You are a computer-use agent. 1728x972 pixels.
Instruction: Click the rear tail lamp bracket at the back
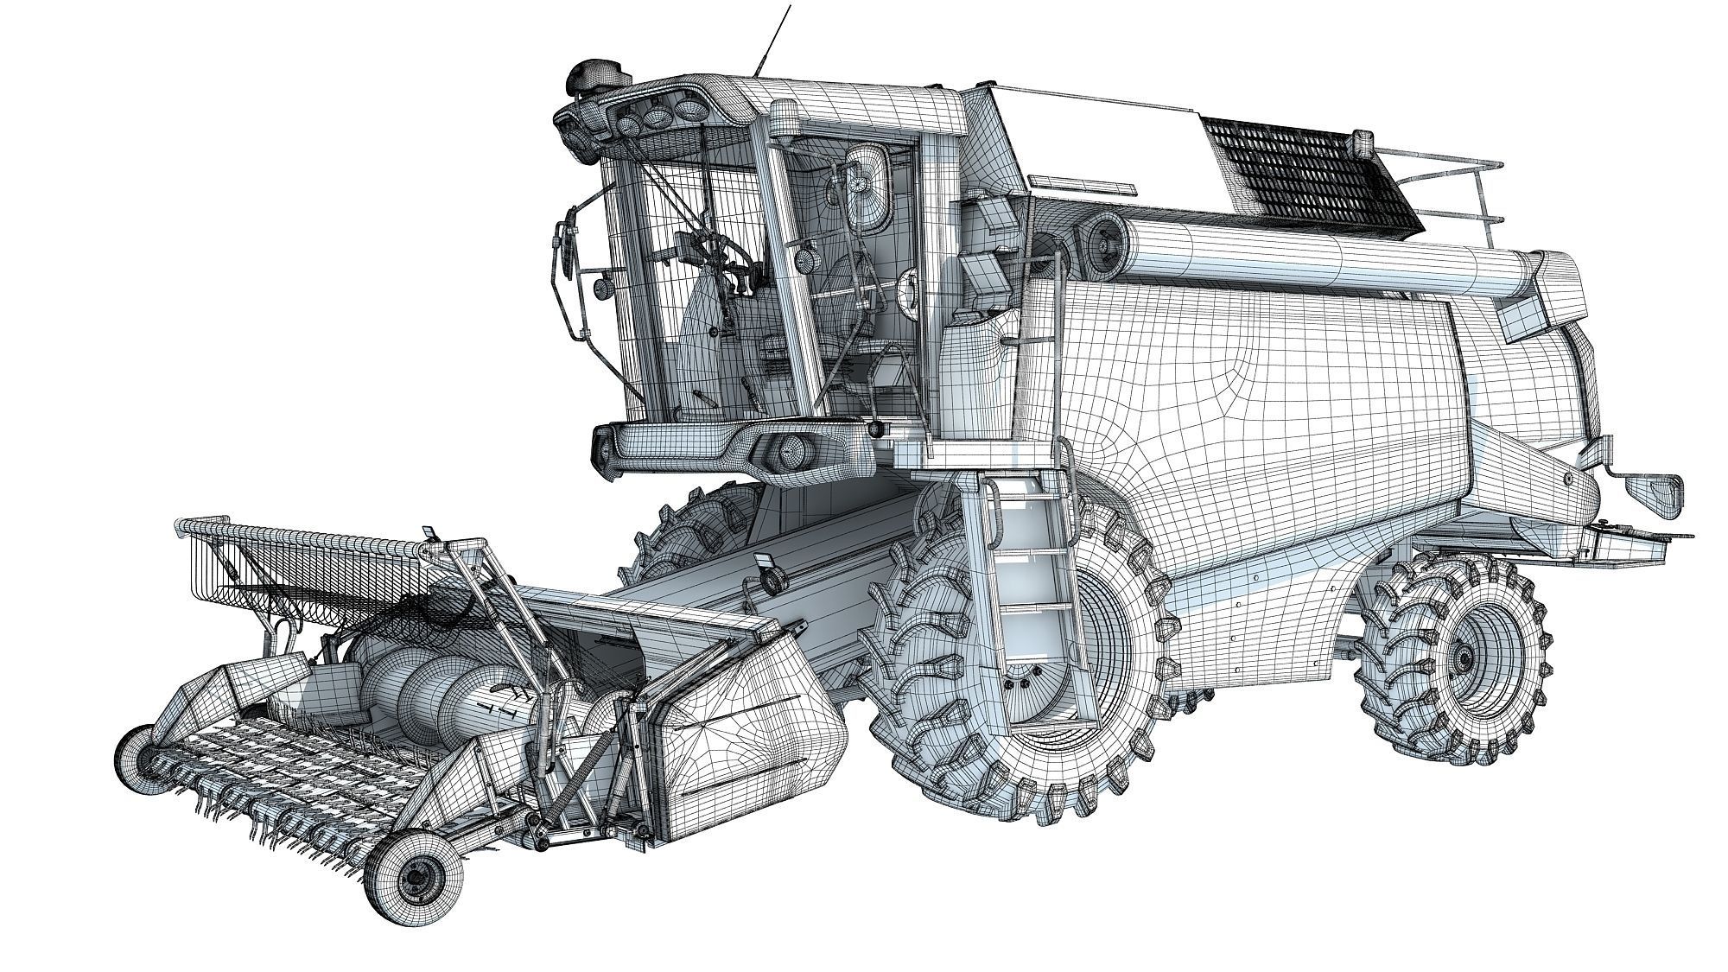click(x=1655, y=492)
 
